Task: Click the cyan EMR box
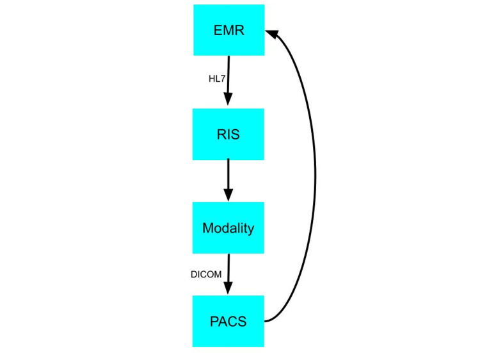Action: coord(228,29)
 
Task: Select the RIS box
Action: coord(228,134)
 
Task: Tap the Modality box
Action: coord(228,228)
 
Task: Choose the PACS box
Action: coord(228,321)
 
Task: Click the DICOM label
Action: coord(205,274)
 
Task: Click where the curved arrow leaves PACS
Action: coord(268,321)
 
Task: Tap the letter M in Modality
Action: coord(207,228)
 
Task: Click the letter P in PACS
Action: coord(214,321)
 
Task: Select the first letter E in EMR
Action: coord(218,29)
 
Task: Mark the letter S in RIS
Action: coord(237,134)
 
